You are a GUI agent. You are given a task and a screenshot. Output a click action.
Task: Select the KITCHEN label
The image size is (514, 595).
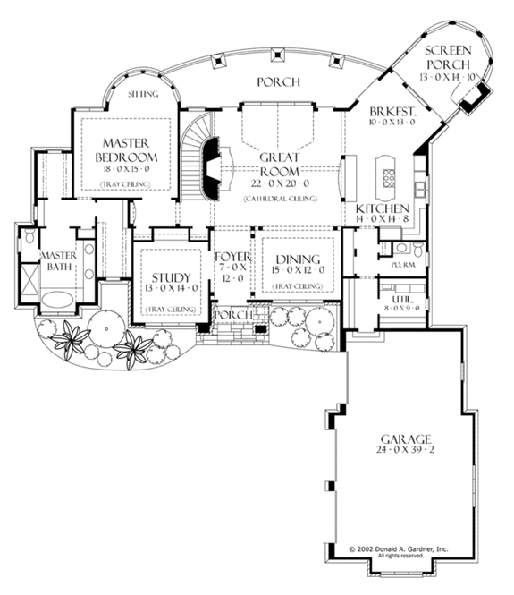click(382, 208)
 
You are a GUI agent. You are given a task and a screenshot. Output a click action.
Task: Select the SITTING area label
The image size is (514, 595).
click(143, 93)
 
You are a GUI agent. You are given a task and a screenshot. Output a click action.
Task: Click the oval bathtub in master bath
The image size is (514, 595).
click(58, 300)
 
